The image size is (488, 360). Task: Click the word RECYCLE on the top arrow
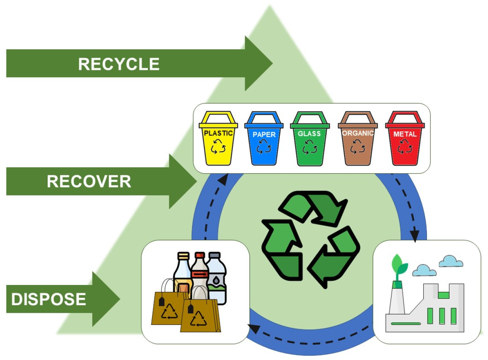click(x=119, y=64)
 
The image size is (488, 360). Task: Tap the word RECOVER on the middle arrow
click(x=89, y=182)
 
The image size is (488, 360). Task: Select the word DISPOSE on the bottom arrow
click(x=49, y=299)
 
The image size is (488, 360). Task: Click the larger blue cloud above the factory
click(x=451, y=262)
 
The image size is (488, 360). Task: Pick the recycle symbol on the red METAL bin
click(x=405, y=146)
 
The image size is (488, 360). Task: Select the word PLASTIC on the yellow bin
click(x=218, y=133)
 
